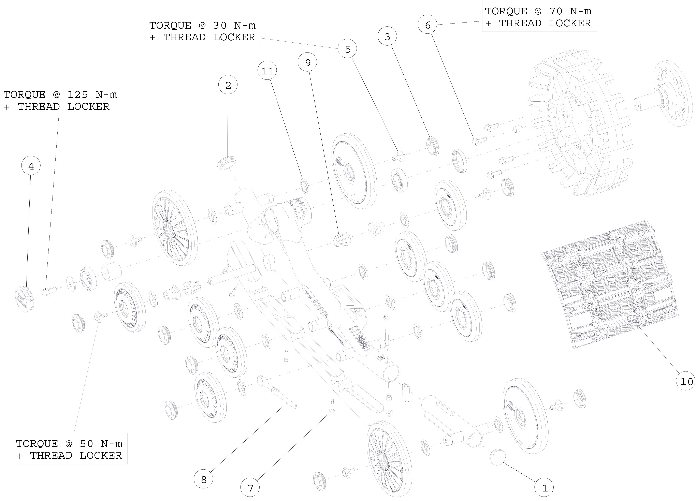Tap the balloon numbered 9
tap(307, 62)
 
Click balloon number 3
tap(387, 36)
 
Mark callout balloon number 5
tap(347, 49)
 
